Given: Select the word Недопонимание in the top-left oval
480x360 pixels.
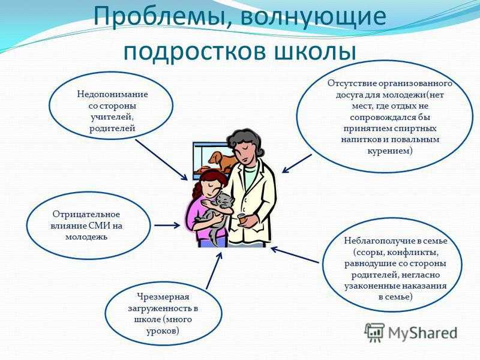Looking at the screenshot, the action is [x=112, y=94].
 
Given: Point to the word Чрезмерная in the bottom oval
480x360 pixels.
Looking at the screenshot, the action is [x=163, y=297].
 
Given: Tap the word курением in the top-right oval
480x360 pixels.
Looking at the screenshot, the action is [x=389, y=151].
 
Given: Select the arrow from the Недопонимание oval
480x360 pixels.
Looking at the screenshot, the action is [x=161, y=160].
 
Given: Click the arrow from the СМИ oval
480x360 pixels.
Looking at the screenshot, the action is [x=167, y=226].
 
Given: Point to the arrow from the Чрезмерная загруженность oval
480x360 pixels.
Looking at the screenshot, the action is [x=214, y=271].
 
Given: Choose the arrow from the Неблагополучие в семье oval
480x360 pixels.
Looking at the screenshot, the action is [x=295, y=255].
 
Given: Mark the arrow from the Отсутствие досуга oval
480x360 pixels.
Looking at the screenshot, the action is [x=296, y=164].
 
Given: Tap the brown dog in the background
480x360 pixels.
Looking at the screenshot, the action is [x=223, y=160].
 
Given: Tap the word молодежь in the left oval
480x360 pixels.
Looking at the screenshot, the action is [x=86, y=237].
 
